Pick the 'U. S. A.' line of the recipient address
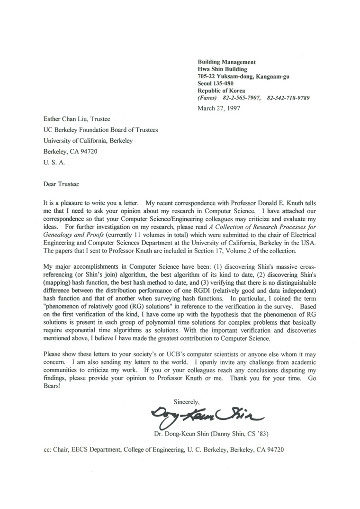tap(55, 161)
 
